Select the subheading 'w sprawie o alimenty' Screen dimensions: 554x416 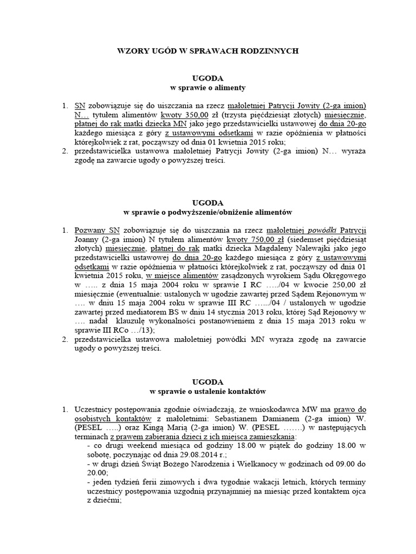click(x=208, y=87)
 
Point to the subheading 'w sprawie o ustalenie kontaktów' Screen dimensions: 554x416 click(x=208, y=390)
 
